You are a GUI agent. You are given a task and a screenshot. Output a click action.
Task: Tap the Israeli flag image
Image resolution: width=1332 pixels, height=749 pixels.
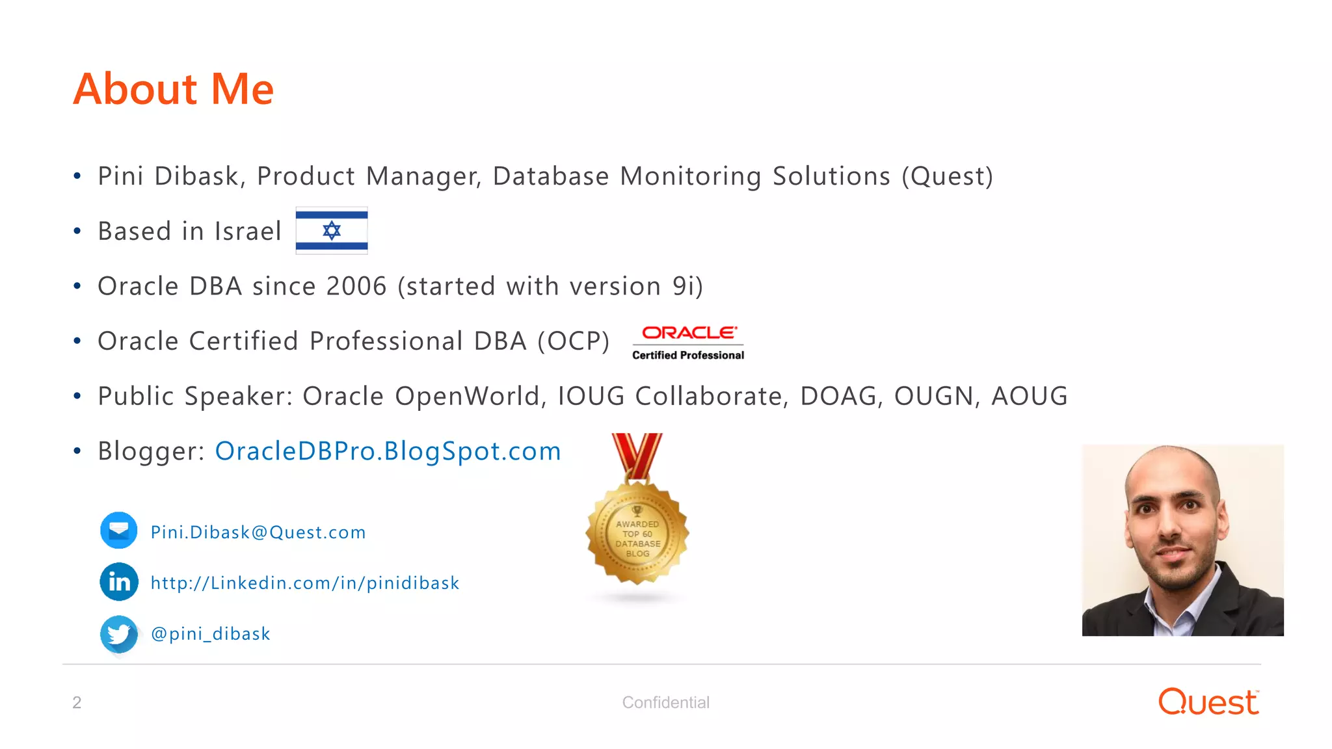(x=332, y=230)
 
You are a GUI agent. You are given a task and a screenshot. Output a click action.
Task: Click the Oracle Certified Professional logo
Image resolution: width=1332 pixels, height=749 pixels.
(x=688, y=343)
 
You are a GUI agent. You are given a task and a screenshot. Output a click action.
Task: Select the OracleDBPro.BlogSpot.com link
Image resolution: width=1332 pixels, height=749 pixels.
(x=388, y=451)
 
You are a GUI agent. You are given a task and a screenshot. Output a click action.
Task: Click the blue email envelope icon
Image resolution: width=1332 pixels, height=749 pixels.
(x=118, y=531)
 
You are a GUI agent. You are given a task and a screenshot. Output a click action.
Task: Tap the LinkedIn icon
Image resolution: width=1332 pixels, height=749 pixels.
(x=119, y=581)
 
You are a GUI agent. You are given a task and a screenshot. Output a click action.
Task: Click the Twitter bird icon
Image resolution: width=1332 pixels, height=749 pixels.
(x=119, y=633)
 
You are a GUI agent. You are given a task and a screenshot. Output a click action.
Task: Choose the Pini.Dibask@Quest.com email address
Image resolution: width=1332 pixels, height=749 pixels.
(x=258, y=532)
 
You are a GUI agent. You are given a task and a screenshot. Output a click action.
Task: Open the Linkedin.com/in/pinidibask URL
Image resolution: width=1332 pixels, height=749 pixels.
(x=304, y=583)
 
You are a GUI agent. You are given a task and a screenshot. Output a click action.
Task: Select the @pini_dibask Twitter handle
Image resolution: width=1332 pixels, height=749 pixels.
(x=210, y=634)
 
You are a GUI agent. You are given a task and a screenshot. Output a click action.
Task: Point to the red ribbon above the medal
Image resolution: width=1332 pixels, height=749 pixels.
(x=637, y=455)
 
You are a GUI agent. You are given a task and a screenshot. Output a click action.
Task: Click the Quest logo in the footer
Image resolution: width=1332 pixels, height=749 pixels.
(x=1208, y=702)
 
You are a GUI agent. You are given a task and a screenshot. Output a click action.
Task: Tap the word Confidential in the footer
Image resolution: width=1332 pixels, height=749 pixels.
(x=665, y=702)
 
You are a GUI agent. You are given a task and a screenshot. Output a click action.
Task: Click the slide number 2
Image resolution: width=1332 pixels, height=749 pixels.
(x=77, y=702)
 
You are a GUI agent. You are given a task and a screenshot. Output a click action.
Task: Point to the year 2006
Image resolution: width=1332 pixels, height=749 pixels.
(x=356, y=286)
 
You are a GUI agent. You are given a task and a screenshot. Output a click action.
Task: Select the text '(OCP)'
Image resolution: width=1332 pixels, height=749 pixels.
(x=574, y=341)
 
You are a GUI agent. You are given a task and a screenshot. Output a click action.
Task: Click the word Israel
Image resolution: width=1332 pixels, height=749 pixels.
(x=248, y=231)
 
